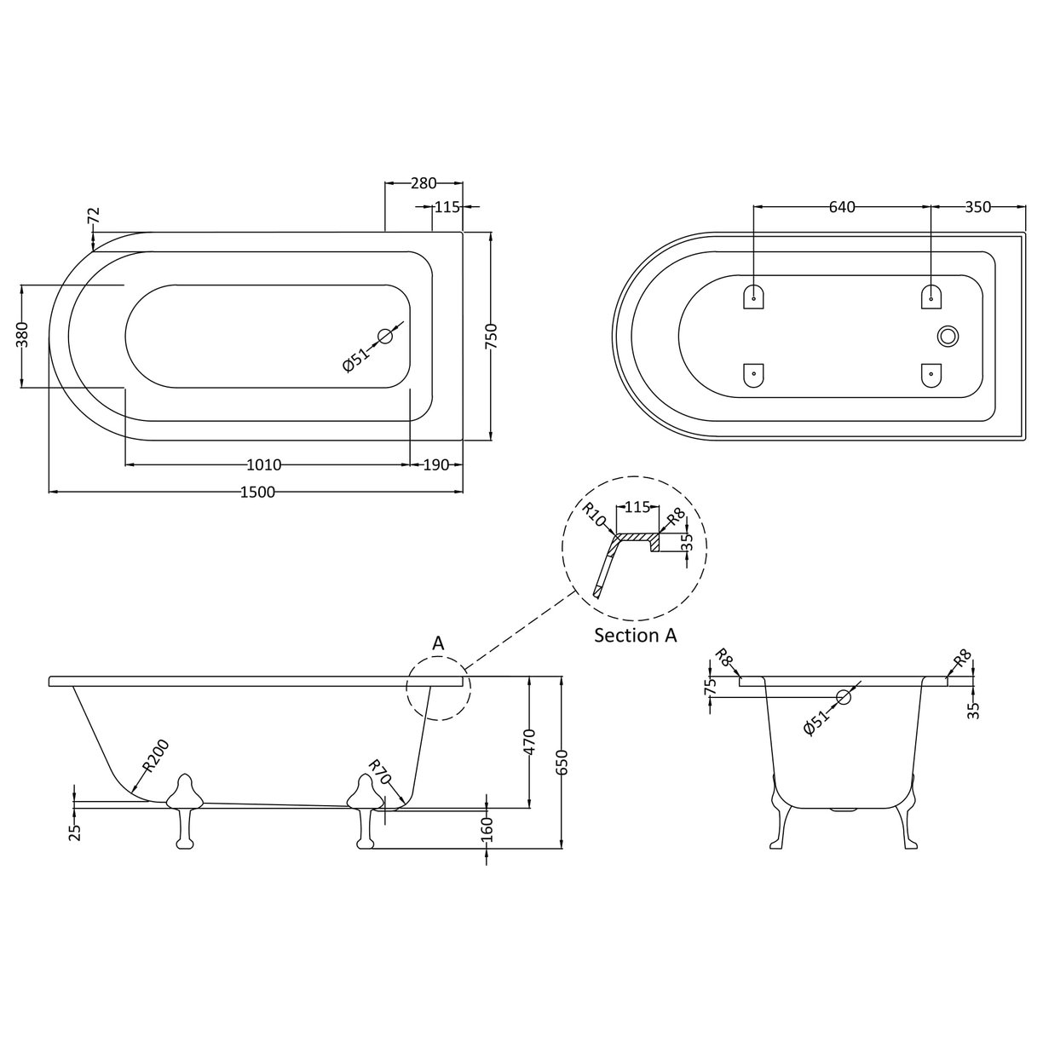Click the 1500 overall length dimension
coord(257,493)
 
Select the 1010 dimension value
coord(264,465)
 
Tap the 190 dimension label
coord(436,465)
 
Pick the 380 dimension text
coord(23,336)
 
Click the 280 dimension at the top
coord(424,183)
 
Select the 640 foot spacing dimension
coord(841,207)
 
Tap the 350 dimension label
coord(978,207)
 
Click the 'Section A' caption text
coord(636,636)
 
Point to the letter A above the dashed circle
coord(438,644)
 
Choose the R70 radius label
coord(379,773)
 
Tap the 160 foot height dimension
coord(487,827)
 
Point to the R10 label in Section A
coord(596,516)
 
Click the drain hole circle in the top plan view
coord(386,336)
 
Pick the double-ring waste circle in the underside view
coord(948,337)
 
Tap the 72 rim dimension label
coord(93,216)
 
